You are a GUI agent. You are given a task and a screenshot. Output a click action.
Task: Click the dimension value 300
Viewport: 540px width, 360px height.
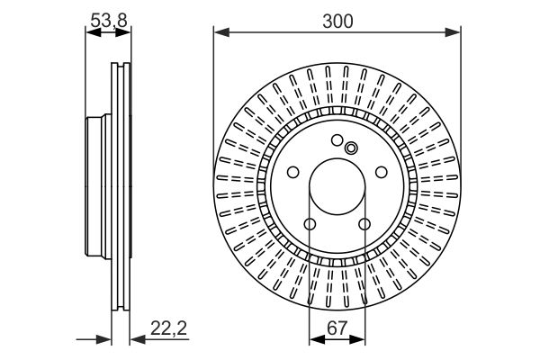tap(337, 21)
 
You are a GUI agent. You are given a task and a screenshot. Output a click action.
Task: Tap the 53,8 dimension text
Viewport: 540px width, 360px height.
tap(109, 21)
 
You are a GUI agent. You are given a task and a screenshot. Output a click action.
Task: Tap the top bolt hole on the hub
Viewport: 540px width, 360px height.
tap(337, 140)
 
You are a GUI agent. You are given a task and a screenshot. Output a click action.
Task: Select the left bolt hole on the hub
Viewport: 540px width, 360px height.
tap(293, 172)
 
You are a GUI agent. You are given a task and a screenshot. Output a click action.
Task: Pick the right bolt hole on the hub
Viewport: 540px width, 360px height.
tap(382, 172)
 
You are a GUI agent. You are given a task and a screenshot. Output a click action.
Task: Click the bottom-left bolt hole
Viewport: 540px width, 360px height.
tap(310, 224)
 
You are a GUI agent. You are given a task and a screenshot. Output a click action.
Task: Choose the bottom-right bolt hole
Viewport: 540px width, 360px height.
tap(364, 224)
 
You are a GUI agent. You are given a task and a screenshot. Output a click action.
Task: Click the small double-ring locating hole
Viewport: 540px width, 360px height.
tap(351, 148)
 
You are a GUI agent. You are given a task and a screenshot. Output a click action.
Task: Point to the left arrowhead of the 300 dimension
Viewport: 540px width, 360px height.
tap(221, 32)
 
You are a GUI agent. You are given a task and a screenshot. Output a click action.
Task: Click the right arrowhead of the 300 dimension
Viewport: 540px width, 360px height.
tap(453, 32)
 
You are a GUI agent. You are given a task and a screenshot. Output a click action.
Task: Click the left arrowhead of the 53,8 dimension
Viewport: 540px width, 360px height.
tap(93, 32)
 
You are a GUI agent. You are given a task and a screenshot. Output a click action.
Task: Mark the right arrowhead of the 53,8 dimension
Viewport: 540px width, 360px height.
tap(123, 32)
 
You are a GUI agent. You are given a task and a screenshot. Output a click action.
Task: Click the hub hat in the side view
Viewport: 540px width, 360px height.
tap(98, 186)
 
